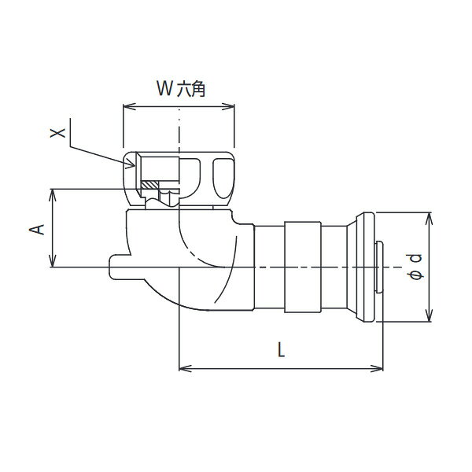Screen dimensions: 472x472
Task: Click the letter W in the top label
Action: (x=164, y=88)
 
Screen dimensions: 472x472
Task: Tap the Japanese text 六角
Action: (x=191, y=89)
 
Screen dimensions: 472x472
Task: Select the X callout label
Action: (x=57, y=133)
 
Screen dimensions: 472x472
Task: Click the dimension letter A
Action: (x=37, y=230)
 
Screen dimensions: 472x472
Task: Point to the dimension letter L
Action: (x=281, y=349)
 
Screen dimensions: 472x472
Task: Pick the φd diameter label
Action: (x=415, y=267)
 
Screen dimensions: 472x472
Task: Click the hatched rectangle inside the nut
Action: (x=150, y=185)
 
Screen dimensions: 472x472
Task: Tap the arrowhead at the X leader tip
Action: (x=131, y=164)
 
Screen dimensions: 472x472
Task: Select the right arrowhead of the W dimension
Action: (x=228, y=106)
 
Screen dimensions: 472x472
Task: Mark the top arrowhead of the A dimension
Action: (x=53, y=195)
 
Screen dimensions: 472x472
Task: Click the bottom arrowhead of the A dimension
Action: (x=53, y=260)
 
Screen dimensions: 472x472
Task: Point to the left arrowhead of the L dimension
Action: (x=186, y=368)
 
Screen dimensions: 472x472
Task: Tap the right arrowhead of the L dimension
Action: (x=377, y=368)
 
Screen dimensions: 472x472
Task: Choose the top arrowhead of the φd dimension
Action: (x=429, y=219)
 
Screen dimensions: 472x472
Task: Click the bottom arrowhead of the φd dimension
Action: (x=429, y=315)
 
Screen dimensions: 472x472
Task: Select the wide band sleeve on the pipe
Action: (x=303, y=267)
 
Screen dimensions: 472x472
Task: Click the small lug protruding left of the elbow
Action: (x=120, y=267)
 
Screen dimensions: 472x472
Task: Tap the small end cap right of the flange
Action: (x=379, y=267)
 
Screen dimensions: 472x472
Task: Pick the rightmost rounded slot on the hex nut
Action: (x=223, y=179)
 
